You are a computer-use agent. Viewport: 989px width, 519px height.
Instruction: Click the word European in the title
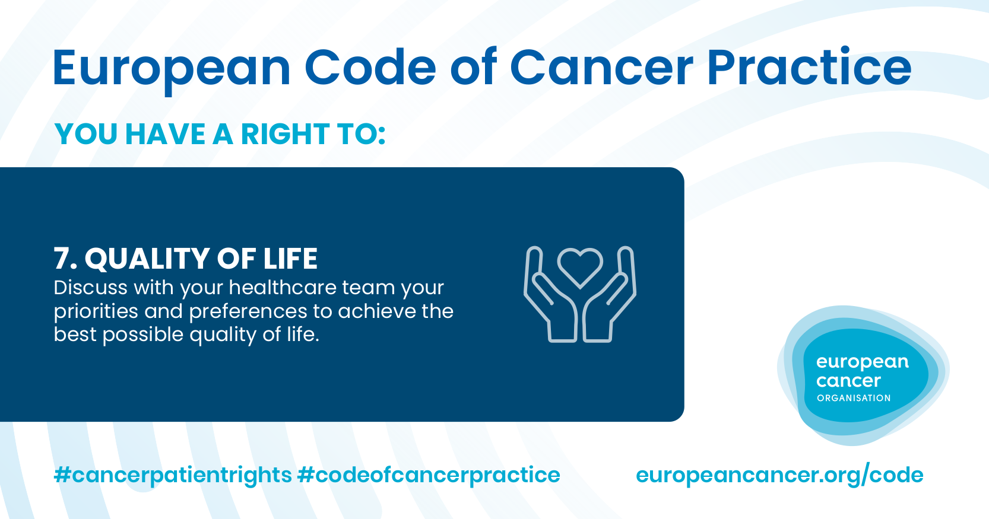(x=172, y=68)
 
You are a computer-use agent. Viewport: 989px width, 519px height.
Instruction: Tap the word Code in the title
(x=370, y=67)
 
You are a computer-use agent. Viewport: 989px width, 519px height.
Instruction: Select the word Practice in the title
(x=809, y=66)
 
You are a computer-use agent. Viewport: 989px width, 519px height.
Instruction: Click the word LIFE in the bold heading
(x=290, y=259)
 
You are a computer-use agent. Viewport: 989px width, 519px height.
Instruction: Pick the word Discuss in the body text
(x=91, y=288)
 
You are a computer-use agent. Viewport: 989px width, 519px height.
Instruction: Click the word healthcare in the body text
(x=282, y=288)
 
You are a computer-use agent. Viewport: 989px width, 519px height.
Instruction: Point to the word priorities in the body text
(x=96, y=312)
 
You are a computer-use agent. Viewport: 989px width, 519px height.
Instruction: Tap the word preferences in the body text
(x=248, y=312)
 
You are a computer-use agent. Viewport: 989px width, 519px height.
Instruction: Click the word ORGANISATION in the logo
(x=854, y=398)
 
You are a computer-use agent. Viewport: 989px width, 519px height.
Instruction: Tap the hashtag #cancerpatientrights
(x=173, y=476)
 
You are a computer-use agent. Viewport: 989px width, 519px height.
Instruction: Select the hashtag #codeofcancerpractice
(x=429, y=476)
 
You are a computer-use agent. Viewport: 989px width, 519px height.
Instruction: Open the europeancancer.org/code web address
(x=779, y=476)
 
